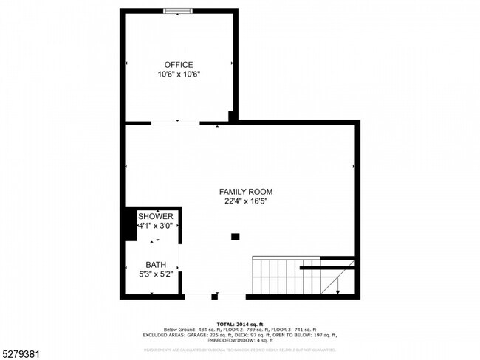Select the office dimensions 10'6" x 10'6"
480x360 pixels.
179,75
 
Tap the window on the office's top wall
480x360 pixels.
179,10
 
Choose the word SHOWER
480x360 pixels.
154,216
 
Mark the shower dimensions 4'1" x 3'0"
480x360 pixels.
154,226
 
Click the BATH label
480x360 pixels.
155,265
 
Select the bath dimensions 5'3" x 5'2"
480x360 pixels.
155,274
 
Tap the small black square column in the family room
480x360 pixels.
236,237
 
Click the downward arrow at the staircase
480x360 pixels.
337,291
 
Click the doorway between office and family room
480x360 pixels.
176,122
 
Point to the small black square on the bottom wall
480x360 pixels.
214,297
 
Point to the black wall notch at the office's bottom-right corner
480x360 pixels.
233,117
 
